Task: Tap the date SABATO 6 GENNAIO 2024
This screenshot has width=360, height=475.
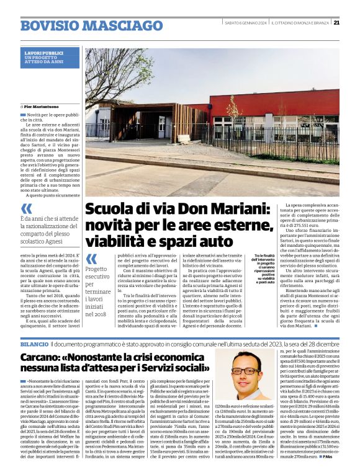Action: click(x=246, y=24)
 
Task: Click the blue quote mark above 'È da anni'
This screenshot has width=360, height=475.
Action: click(x=26, y=209)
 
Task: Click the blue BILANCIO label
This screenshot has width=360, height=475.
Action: click(x=34, y=343)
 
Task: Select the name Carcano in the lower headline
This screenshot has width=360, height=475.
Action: click(x=43, y=357)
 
